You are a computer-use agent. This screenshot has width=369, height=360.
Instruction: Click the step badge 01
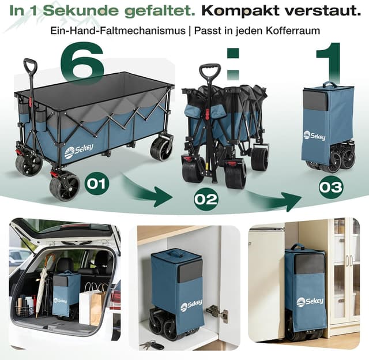coord(96,184)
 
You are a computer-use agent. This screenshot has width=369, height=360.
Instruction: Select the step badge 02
coord(206,200)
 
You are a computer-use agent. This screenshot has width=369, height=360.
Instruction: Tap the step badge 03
coord(331,187)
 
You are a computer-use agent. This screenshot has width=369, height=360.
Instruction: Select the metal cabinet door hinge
coord(217,312)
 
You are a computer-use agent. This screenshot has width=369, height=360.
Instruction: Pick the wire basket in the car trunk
coord(25,310)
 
